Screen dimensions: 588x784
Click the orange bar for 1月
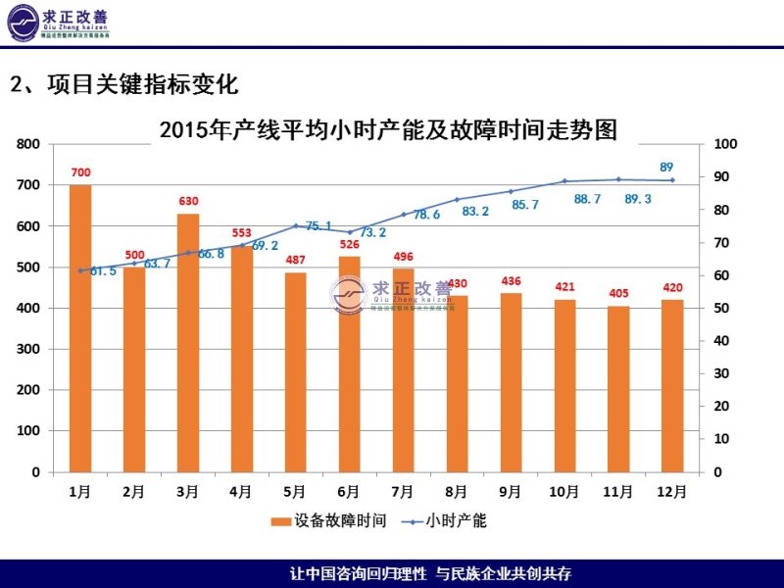click(80, 328)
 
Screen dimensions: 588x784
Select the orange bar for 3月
click(188, 343)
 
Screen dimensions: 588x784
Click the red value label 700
click(80, 173)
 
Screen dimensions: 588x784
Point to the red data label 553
click(242, 233)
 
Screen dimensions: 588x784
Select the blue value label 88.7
click(588, 199)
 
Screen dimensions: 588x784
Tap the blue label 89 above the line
click(666, 167)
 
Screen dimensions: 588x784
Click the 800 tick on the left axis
click(29, 144)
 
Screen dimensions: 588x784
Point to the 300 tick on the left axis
click(29, 349)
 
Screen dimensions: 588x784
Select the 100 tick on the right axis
click(726, 144)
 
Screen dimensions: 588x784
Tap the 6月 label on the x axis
click(349, 491)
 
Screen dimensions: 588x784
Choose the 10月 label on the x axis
click(564, 491)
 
